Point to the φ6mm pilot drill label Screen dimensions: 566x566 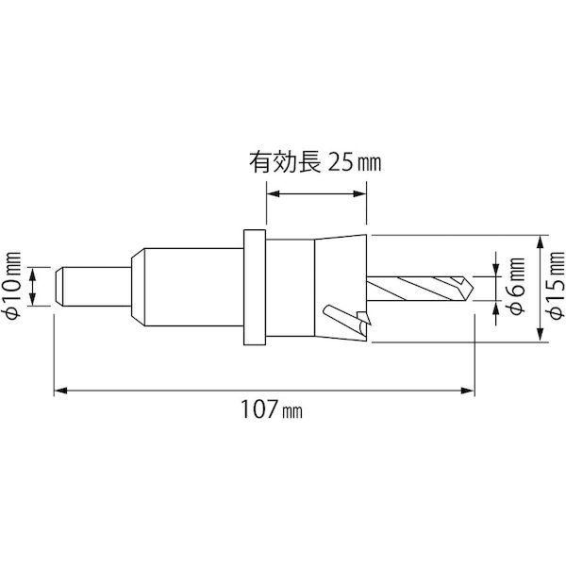517,289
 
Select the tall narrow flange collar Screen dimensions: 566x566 254,287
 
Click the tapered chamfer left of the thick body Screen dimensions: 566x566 137,287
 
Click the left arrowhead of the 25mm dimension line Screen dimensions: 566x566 272,194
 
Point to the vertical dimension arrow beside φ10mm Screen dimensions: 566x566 35,287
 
